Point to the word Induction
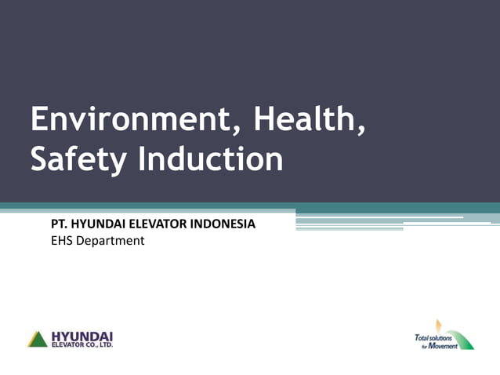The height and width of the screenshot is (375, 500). coord(211,159)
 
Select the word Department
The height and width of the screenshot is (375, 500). coord(110,241)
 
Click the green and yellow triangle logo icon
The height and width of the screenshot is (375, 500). coord(38,339)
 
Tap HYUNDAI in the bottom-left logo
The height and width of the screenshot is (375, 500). coord(82,335)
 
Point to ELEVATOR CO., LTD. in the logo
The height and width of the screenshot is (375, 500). coord(82,344)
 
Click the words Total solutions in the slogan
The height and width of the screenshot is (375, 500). coord(433,337)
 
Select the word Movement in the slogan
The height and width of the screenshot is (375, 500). coord(444,346)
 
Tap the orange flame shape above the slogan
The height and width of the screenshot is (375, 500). coord(440,325)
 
